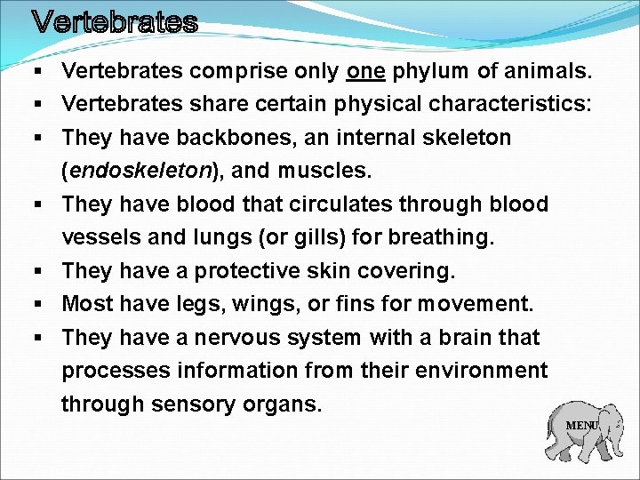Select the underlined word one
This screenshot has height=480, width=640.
[366, 70]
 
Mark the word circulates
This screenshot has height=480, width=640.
[328, 204]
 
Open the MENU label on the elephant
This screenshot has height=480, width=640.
[582, 426]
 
